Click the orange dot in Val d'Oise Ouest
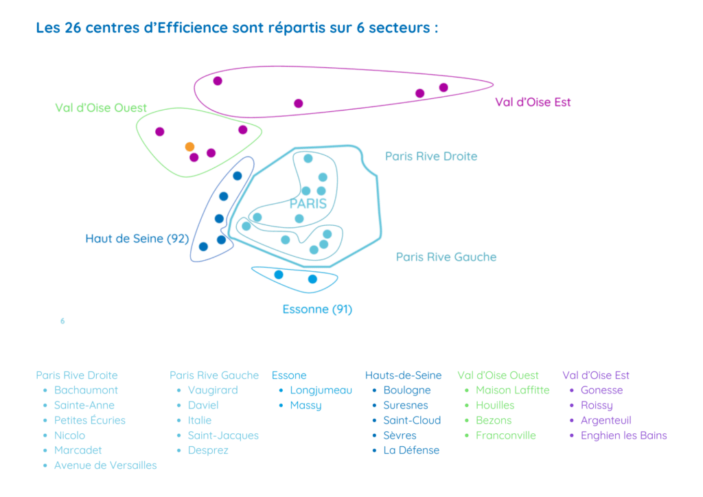pos(189,146)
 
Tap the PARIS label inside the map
pos(308,204)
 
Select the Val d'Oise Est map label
pos(533,102)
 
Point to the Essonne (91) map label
pos(317,309)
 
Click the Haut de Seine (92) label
pos(137,238)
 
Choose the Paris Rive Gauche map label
pos(446,257)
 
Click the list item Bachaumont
pos(86,390)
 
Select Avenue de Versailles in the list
pos(105,465)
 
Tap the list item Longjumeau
pos(321,391)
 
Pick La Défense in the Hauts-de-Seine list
pos(411,450)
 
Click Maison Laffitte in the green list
pos(512,390)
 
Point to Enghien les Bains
pos(623,436)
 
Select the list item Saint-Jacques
pos(223,436)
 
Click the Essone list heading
pos(289,375)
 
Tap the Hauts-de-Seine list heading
pos(403,375)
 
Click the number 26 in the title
pos(73,27)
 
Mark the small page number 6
pos(62,321)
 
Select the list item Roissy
pos(597,406)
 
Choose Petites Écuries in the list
pos(90,420)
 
